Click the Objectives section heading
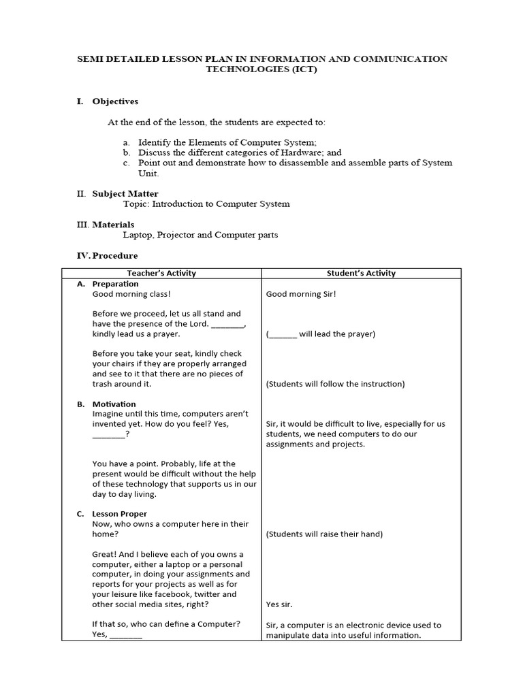pyautogui.click(x=115, y=101)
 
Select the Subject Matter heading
pyautogui.click(x=125, y=194)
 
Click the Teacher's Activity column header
pyautogui.click(x=161, y=273)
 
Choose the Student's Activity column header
pyautogui.click(x=361, y=273)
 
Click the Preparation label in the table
pyautogui.click(x=115, y=284)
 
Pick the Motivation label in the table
pyautogui.click(x=114, y=404)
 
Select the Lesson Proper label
pyautogui.click(x=119, y=514)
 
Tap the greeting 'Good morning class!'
pyautogui.click(x=131, y=294)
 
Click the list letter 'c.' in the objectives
pyautogui.click(x=126, y=163)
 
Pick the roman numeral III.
pyautogui.click(x=82, y=225)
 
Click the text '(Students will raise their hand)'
pyautogui.click(x=324, y=534)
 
